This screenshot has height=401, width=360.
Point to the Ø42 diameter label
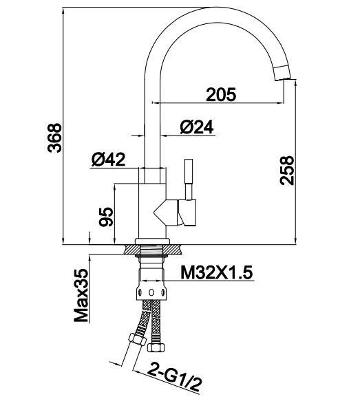107,160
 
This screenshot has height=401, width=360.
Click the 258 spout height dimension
287,170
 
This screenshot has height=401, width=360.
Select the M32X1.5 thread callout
217,272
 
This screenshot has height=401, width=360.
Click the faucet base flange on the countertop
152,247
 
